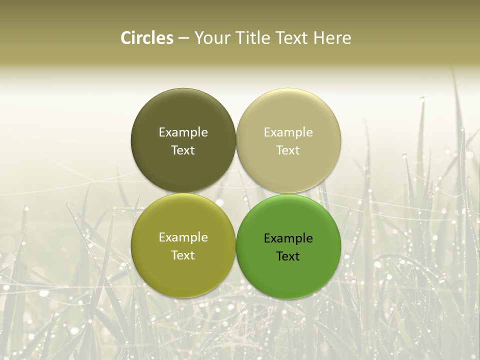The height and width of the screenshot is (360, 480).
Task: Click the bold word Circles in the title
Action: pyautogui.click(x=146, y=38)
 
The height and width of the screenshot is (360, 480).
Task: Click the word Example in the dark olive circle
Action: pyautogui.click(x=183, y=132)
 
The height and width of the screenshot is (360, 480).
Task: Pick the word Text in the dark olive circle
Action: pyautogui.click(x=183, y=150)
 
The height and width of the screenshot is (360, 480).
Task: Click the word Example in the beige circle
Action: pyautogui.click(x=288, y=132)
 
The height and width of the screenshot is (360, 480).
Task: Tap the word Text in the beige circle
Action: pyautogui.click(x=288, y=150)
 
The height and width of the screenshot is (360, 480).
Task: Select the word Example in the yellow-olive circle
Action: pyautogui.click(x=183, y=237)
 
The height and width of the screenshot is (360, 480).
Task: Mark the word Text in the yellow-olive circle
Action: pyautogui.click(x=183, y=255)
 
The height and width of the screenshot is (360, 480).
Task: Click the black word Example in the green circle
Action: pyautogui.click(x=288, y=238)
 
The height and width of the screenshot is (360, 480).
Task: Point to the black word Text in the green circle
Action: pyautogui.click(x=288, y=256)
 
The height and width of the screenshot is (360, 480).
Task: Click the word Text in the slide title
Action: pyautogui.click(x=292, y=38)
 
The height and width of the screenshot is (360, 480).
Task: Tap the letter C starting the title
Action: pyautogui.click(x=126, y=38)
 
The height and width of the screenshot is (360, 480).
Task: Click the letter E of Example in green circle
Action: pyautogui.click(x=267, y=238)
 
